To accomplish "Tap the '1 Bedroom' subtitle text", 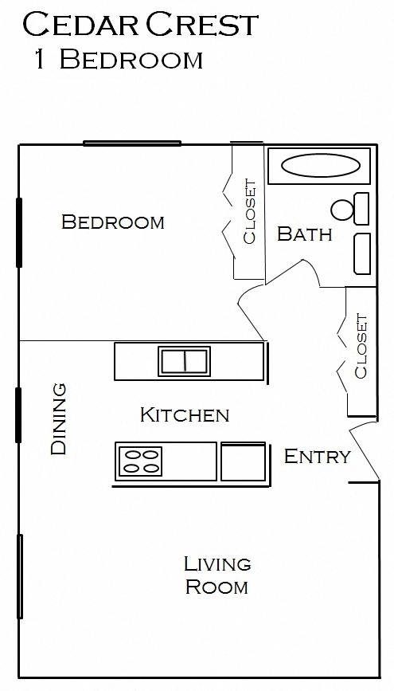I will pyautogui.click(x=118, y=60).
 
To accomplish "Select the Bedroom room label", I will pyautogui.click(x=113, y=222).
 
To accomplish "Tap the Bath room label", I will pyautogui.click(x=304, y=234).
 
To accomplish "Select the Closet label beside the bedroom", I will pyautogui.click(x=249, y=211).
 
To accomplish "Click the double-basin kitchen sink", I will pyautogui.click(x=184, y=360).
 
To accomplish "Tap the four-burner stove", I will pyautogui.click(x=140, y=461).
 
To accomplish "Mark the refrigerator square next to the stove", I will pyautogui.click(x=243, y=461).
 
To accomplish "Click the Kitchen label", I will pyautogui.click(x=184, y=414).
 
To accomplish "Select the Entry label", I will pyautogui.click(x=317, y=457).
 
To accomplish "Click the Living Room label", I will pyautogui.click(x=217, y=575).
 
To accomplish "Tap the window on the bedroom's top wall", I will pyautogui.click(x=132, y=143).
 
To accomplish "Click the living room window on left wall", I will pyautogui.click(x=20, y=565).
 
